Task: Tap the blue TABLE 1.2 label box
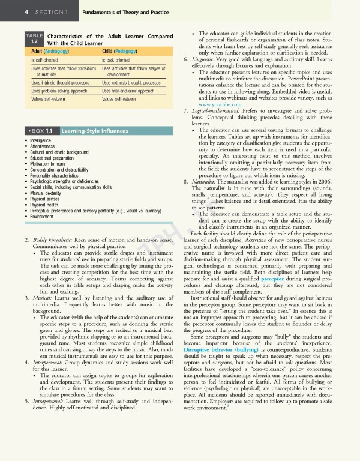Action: tap(34, 39)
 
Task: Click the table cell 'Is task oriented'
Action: tap(121, 61)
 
